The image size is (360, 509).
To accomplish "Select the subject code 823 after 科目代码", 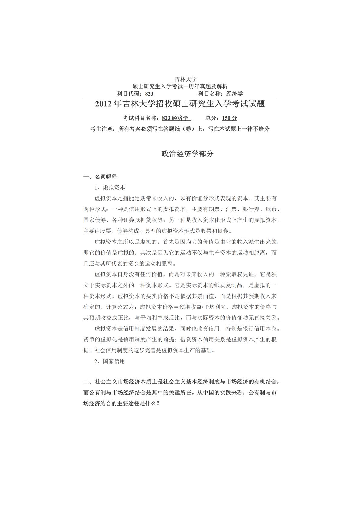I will tap(149, 94).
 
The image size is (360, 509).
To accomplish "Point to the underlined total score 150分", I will tap(230, 118).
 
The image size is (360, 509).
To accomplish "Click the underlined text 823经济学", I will tap(175, 118).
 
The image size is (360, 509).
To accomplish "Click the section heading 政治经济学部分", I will tap(187, 154).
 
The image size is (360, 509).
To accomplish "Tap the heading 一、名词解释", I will tap(100, 177).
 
